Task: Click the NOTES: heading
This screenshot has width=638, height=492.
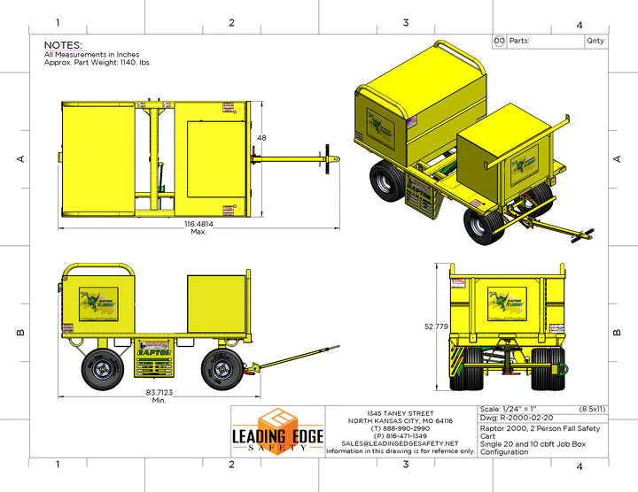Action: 63,45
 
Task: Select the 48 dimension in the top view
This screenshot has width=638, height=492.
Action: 261,139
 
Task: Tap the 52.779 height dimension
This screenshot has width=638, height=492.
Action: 435,327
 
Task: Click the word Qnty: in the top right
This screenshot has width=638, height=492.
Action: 595,41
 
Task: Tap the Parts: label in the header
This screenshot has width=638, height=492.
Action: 520,41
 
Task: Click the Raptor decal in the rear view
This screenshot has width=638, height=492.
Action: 507,302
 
